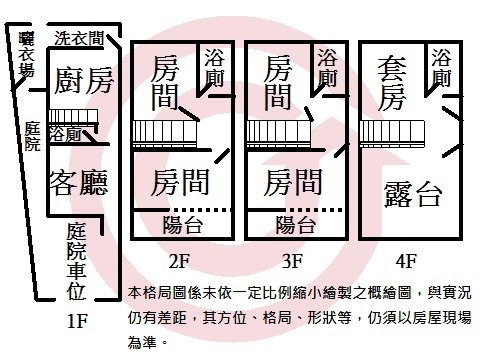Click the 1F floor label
tap(81, 323)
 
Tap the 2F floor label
tap(180, 262)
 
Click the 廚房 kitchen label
tap(84, 81)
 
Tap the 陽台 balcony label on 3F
tap(297, 225)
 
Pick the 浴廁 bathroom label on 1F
tap(68, 132)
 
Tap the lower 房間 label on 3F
tap(295, 183)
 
